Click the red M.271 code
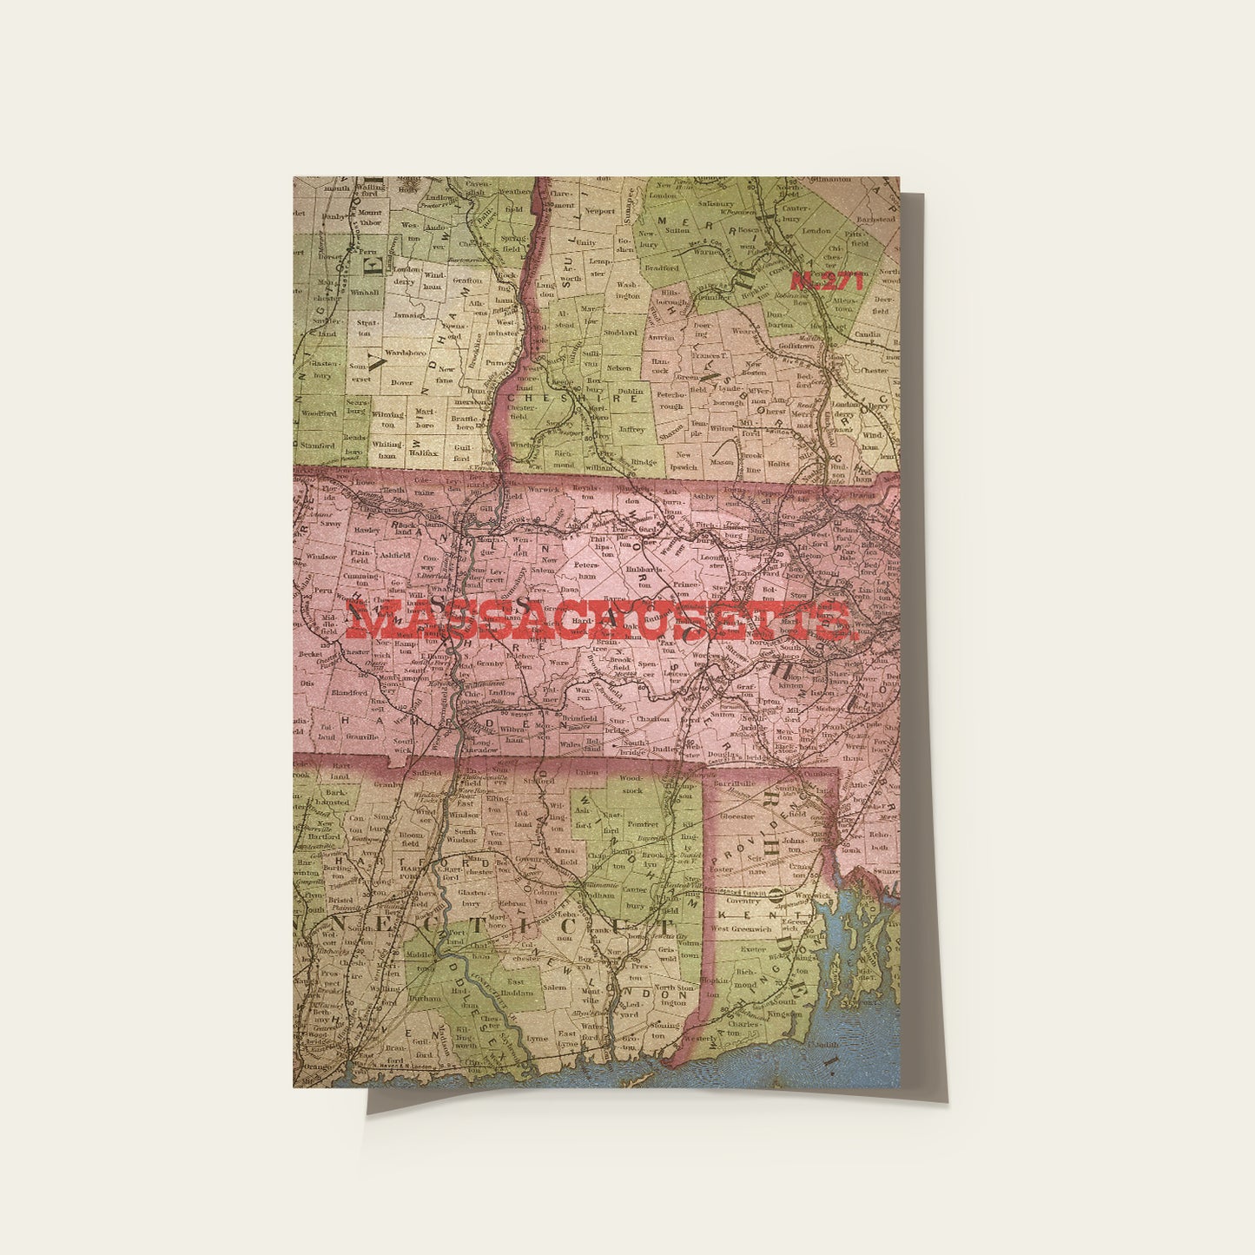pyautogui.click(x=827, y=281)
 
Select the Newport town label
pyautogui.click(x=598, y=211)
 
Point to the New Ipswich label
pyautogui.click(x=684, y=460)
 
